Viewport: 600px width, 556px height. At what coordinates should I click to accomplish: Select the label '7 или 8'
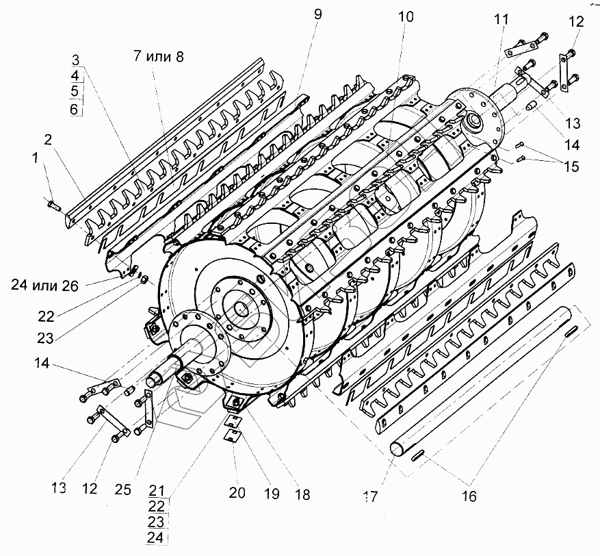(159, 57)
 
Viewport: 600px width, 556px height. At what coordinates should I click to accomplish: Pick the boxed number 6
(75, 109)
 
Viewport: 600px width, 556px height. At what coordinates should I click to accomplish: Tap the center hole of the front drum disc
(242, 309)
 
